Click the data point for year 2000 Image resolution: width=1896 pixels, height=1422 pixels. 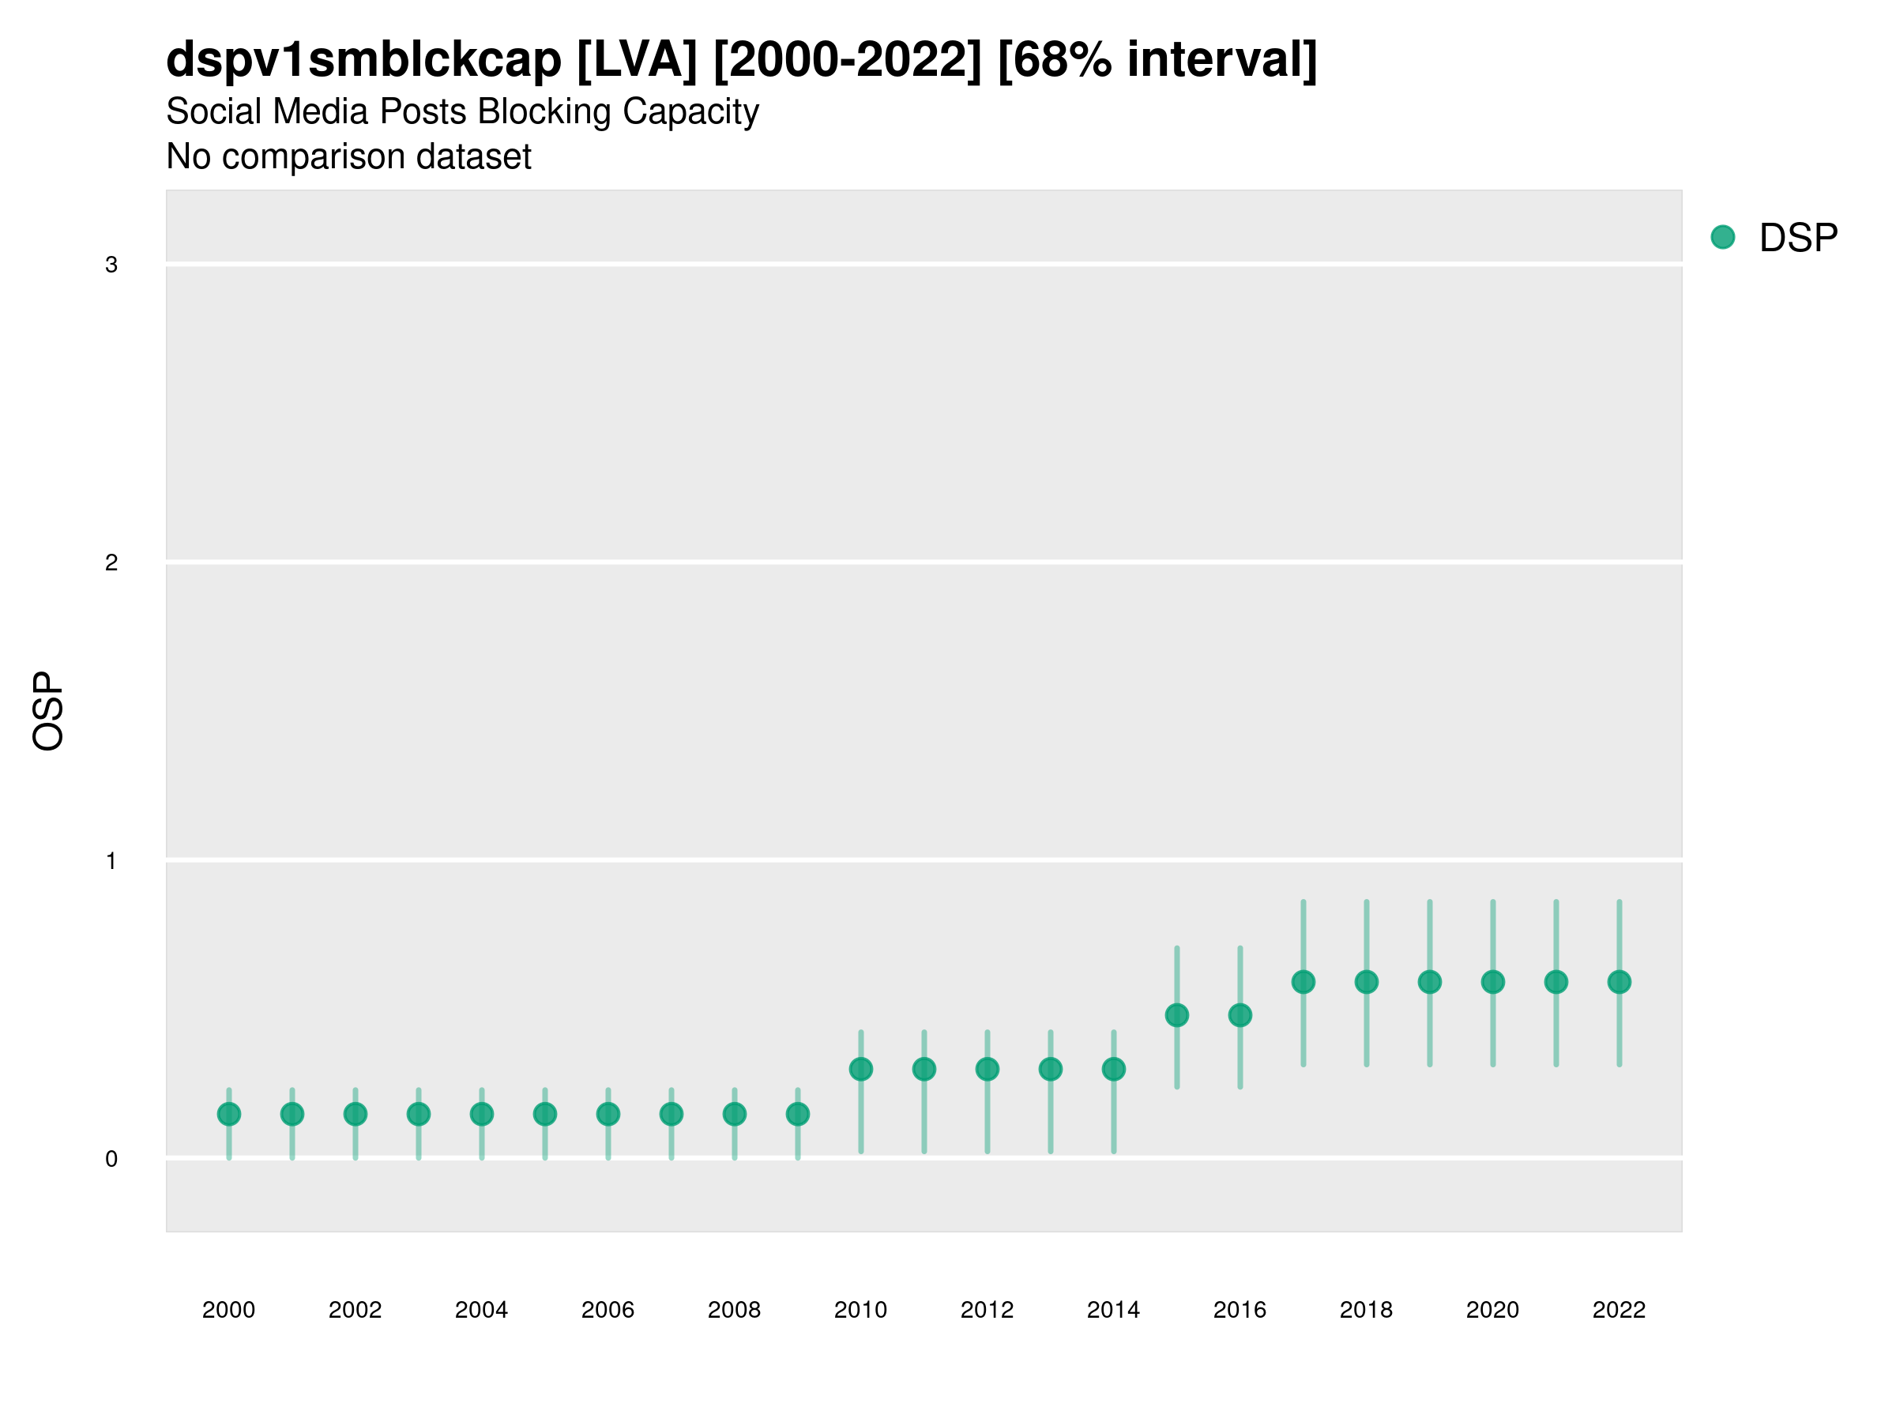tap(229, 1114)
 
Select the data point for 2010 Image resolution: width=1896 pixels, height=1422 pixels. tap(860, 1069)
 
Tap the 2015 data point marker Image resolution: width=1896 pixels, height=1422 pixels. tap(1177, 1015)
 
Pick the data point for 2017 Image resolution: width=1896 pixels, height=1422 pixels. tap(1303, 981)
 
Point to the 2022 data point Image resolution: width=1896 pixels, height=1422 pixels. tap(1619, 981)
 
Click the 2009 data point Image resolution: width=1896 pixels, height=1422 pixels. tap(798, 1114)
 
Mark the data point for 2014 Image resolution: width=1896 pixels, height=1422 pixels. tap(1113, 1069)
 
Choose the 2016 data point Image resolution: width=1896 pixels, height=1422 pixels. tap(1240, 1015)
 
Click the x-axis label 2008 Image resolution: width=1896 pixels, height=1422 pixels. tap(735, 1310)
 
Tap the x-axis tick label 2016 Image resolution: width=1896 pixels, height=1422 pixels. tap(1240, 1310)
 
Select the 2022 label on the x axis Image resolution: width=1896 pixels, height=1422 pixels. tap(1619, 1310)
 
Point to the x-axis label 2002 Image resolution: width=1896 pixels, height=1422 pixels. tap(355, 1310)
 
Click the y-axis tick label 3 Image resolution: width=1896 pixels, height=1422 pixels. tap(111, 265)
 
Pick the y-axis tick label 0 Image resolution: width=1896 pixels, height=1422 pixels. tap(111, 1159)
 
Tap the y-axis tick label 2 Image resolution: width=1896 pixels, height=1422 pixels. tap(111, 563)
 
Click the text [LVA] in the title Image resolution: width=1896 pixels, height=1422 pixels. tap(637, 60)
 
